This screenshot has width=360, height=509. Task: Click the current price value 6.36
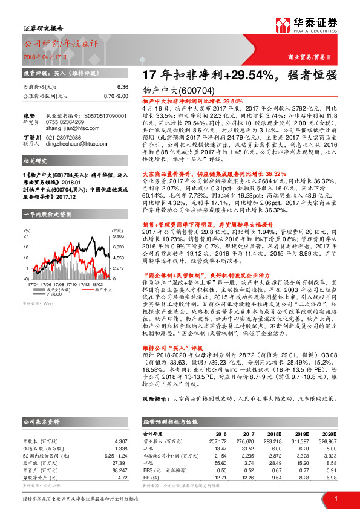tap(123, 88)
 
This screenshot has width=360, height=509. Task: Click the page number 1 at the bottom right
tap(335, 499)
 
